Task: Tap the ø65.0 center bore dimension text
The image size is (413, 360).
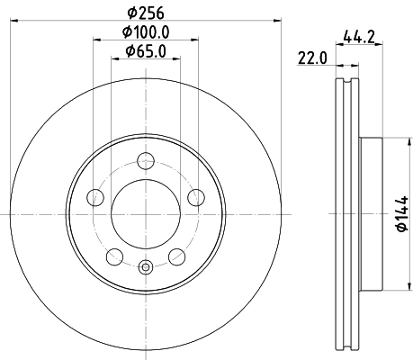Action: (x=145, y=51)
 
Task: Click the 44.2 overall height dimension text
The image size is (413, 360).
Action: (x=360, y=37)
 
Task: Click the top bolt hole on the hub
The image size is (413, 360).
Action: (x=145, y=162)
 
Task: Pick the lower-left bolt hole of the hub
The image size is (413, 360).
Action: (x=113, y=258)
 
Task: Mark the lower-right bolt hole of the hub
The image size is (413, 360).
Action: (x=176, y=258)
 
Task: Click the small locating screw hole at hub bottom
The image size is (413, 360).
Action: (x=145, y=265)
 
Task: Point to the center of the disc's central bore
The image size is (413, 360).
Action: (x=145, y=214)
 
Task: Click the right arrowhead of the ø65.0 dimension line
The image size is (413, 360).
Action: (x=175, y=61)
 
